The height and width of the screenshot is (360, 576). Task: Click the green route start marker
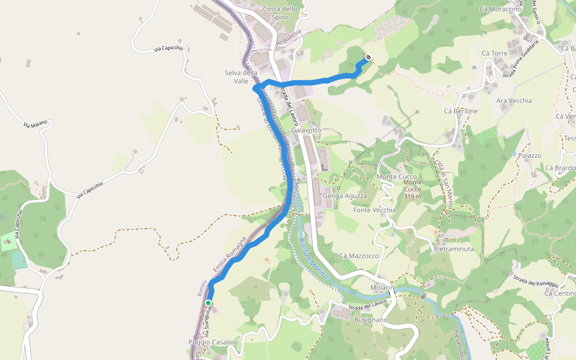[x=208, y=303]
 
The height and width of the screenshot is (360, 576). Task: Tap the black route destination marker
[x=368, y=58]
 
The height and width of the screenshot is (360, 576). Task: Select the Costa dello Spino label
[x=280, y=13]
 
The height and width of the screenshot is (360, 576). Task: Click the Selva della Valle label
[x=241, y=77]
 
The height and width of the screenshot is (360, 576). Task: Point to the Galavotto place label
[x=306, y=130]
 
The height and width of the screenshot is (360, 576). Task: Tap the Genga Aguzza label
[x=344, y=196]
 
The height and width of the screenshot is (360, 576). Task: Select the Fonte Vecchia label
[x=374, y=210]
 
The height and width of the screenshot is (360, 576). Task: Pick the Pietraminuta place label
[x=454, y=248]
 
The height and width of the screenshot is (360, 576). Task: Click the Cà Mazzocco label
[x=359, y=256]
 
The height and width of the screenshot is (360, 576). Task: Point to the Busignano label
[x=371, y=320]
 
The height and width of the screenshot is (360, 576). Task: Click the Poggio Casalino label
[x=213, y=342]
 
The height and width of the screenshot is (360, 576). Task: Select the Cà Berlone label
[x=461, y=111]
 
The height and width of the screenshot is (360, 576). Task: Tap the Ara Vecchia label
[x=514, y=100]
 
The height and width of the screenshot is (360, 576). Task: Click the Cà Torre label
[x=494, y=53]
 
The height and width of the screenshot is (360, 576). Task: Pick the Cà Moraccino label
[x=500, y=9]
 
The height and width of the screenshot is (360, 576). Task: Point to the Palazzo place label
[x=530, y=155]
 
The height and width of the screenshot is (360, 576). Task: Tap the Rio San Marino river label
[x=313, y=257]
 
